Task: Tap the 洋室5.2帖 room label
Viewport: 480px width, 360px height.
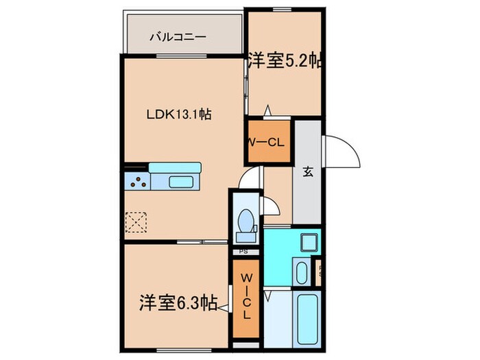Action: point(285,60)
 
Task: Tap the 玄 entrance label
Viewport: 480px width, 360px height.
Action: point(308,172)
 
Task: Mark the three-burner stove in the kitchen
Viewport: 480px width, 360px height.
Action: point(137,182)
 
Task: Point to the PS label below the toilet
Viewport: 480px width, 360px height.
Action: point(244,252)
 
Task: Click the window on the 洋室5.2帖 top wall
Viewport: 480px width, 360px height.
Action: point(283,10)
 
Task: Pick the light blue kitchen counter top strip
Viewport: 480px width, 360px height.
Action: point(175,168)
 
